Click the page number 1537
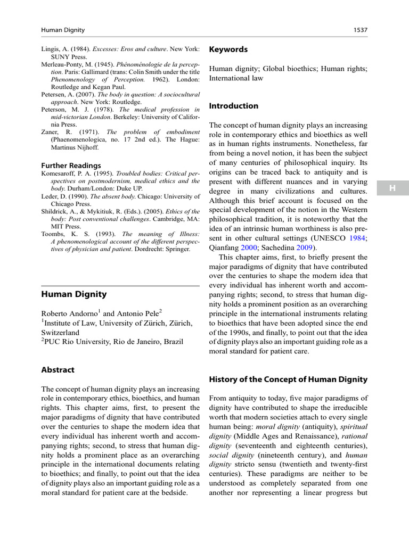tap(361, 30)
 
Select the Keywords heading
tap(228, 49)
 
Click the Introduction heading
tap(233, 106)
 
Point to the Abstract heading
tap(58, 369)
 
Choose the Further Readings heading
tap(71, 166)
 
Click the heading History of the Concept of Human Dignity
tap(288, 379)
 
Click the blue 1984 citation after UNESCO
tap(357, 238)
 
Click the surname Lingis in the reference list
tap(51, 49)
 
